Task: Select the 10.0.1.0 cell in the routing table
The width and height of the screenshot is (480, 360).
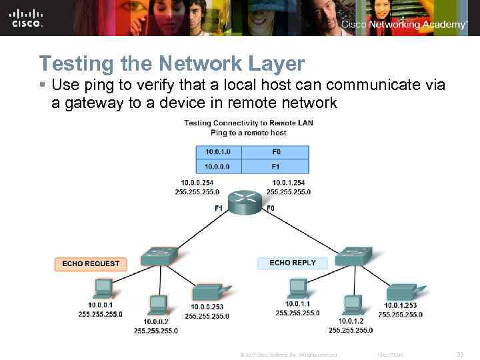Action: click(218, 152)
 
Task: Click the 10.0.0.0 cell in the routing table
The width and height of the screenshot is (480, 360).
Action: click(218, 165)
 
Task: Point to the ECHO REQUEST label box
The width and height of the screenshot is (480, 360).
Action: click(91, 263)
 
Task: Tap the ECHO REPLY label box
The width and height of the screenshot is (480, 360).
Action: click(293, 263)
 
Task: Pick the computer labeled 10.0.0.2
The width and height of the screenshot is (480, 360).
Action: click(158, 305)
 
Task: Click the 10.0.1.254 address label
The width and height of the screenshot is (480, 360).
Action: click(288, 182)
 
